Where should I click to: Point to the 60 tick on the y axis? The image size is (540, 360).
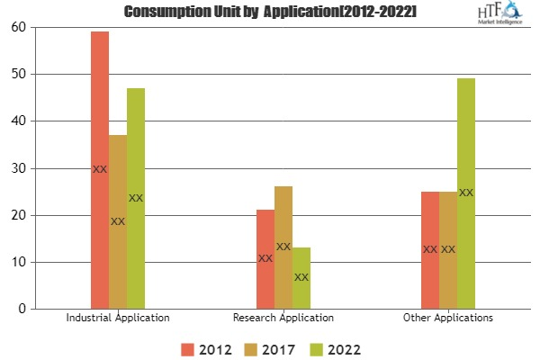tap(18, 27)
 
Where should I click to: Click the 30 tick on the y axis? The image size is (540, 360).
tap(18, 168)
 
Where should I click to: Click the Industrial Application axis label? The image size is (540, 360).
tap(118, 319)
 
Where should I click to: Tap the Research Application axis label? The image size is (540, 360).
tap(283, 319)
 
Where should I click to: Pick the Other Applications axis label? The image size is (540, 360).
tap(448, 319)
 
